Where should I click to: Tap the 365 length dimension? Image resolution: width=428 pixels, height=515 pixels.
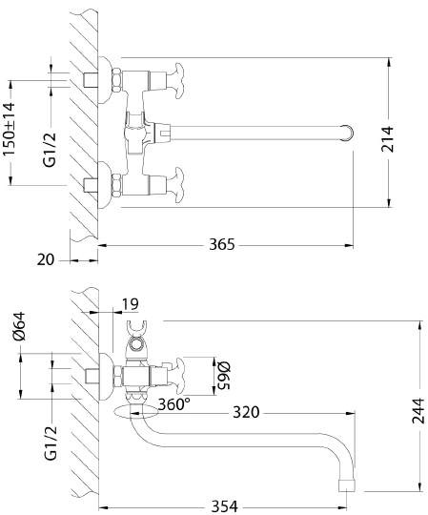(x=222, y=245)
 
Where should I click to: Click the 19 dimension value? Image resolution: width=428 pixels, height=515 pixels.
(x=132, y=304)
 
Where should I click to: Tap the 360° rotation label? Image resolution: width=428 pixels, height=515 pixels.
(x=173, y=402)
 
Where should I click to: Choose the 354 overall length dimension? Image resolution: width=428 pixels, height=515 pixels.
(x=223, y=505)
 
